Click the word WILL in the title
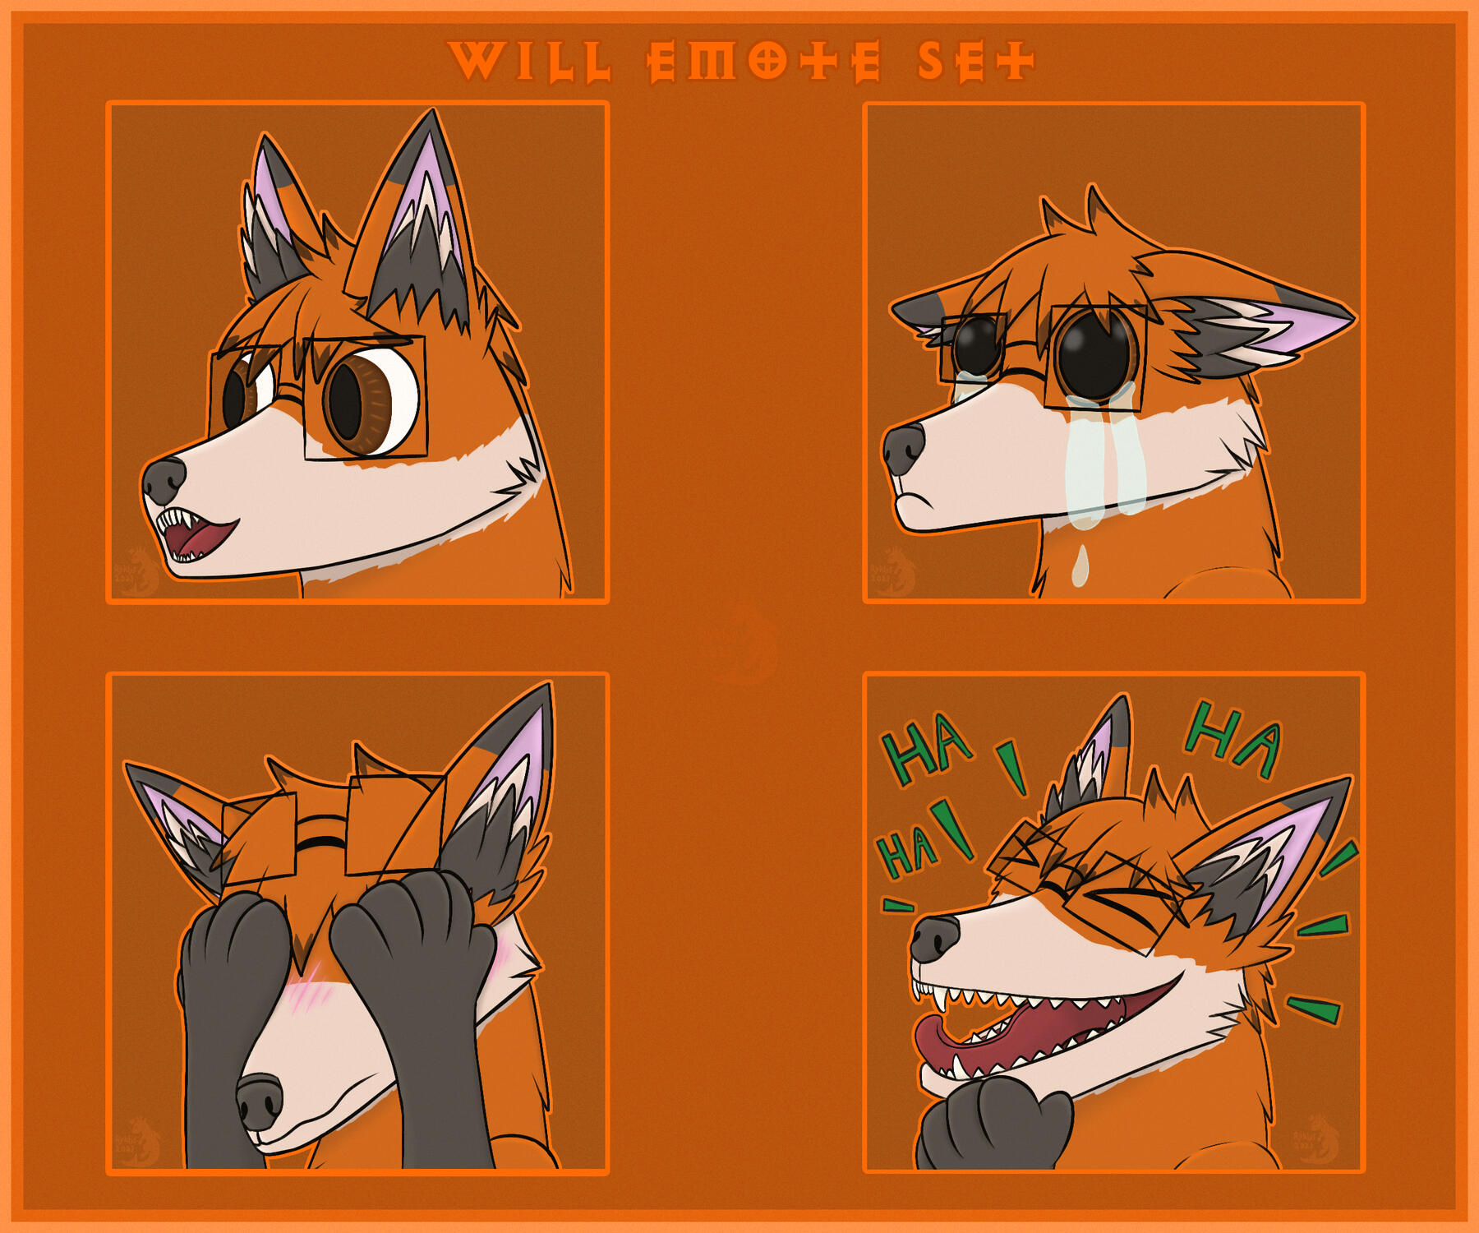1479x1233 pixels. coord(530,62)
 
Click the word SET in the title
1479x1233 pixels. coord(975,62)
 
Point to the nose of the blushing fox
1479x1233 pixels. coord(260,1101)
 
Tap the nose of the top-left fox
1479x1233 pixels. coord(164,480)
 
